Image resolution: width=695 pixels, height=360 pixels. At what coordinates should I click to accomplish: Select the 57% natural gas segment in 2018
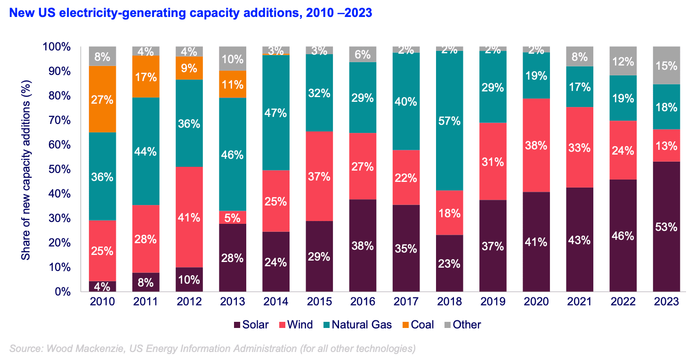coord(449,121)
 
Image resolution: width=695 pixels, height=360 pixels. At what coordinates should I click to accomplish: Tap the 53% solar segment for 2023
coord(666,227)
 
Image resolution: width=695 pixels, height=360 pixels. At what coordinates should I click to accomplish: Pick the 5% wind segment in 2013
coord(233,217)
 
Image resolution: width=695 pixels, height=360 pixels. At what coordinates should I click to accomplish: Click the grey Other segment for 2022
coord(623,61)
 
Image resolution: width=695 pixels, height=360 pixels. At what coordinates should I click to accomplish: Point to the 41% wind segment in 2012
coord(189,217)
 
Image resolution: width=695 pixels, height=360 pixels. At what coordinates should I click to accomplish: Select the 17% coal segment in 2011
coord(145,76)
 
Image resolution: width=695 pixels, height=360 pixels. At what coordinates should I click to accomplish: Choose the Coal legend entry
coord(417,325)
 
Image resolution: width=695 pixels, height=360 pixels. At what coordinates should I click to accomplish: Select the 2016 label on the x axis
coord(363,302)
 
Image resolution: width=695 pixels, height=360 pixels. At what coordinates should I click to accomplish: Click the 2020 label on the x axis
coord(536,302)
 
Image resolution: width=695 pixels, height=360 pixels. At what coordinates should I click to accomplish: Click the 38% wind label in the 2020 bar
coord(536,146)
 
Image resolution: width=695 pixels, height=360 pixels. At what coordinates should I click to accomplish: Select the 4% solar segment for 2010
coord(102,286)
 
